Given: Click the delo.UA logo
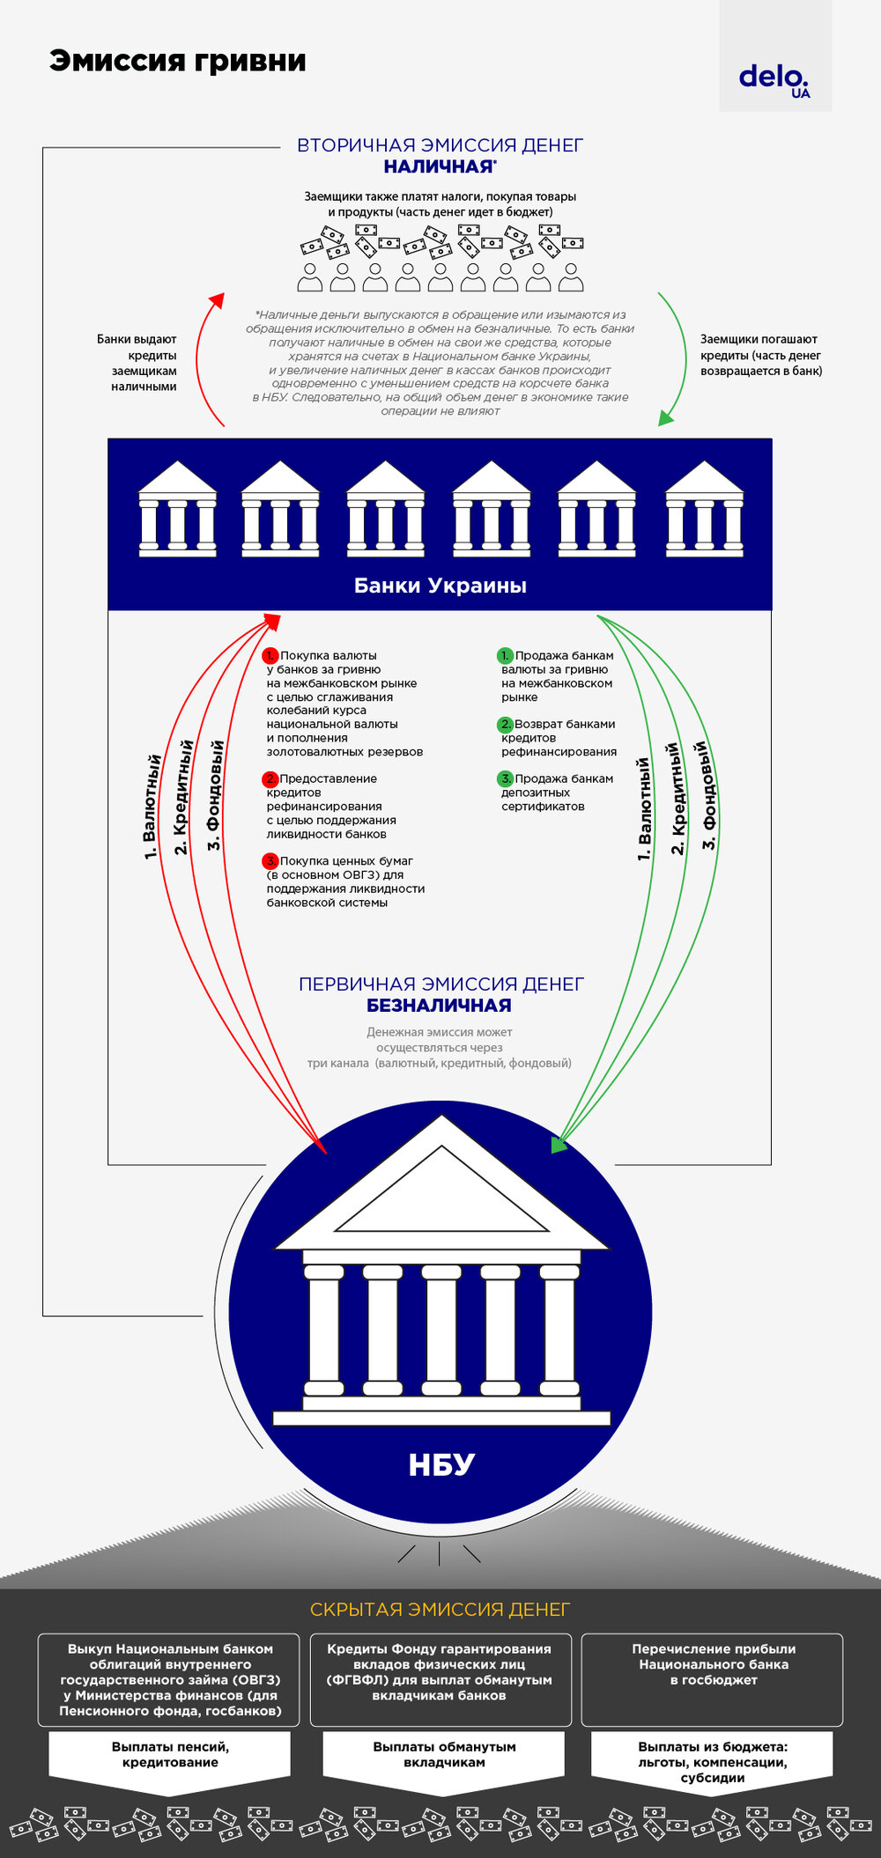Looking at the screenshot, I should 774,80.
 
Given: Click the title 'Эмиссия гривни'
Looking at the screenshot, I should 178,61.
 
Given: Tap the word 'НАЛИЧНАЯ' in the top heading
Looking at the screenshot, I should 439,166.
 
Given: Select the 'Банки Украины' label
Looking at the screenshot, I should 440,586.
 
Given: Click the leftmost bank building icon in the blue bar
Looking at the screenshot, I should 177,510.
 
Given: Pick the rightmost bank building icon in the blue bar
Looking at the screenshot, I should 704,510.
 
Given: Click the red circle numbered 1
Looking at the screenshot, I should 270,655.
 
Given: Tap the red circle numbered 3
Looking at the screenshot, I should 270,861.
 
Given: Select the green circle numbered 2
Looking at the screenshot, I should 505,724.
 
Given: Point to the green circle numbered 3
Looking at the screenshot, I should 505,778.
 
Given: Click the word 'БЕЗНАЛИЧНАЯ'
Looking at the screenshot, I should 439,1006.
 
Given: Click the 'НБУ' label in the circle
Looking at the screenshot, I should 441,1464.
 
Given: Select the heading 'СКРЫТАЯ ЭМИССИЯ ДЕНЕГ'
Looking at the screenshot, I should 440,1609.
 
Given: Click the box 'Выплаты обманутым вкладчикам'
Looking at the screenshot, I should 444,1754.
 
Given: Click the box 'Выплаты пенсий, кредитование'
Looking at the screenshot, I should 170,1754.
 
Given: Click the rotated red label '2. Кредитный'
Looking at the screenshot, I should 182,797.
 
